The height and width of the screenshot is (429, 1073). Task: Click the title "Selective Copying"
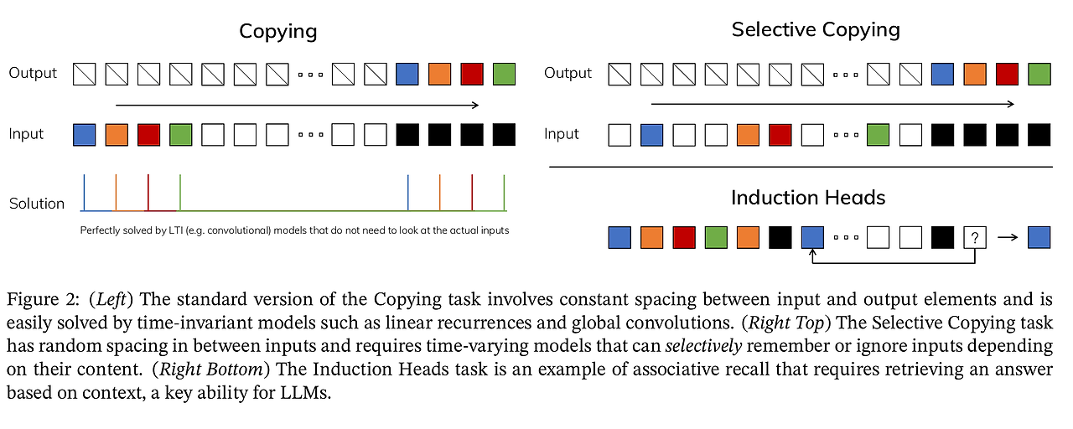(816, 30)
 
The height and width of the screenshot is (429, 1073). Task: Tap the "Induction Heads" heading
(808, 198)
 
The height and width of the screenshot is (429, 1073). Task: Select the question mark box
(975, 237)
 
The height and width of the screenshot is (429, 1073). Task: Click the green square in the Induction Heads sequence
(716, 237)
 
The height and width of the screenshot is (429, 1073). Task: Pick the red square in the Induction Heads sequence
(684, 237)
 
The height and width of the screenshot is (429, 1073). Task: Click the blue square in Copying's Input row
(84, 134)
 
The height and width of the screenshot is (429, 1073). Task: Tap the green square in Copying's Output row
(504, 74)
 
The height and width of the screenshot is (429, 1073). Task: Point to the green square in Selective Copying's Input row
(879, 134)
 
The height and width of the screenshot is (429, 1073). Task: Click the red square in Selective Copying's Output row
(1008, 74)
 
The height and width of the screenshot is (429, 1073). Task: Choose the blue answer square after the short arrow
(1039, 237)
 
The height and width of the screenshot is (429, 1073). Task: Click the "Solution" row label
(37, 204)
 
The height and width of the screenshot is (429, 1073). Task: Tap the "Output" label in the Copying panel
(33, 74)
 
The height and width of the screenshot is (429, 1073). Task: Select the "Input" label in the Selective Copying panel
(562, 134)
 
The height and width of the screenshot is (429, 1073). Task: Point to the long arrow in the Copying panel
(297, 105)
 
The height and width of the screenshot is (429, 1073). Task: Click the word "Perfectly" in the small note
(99, 230)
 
